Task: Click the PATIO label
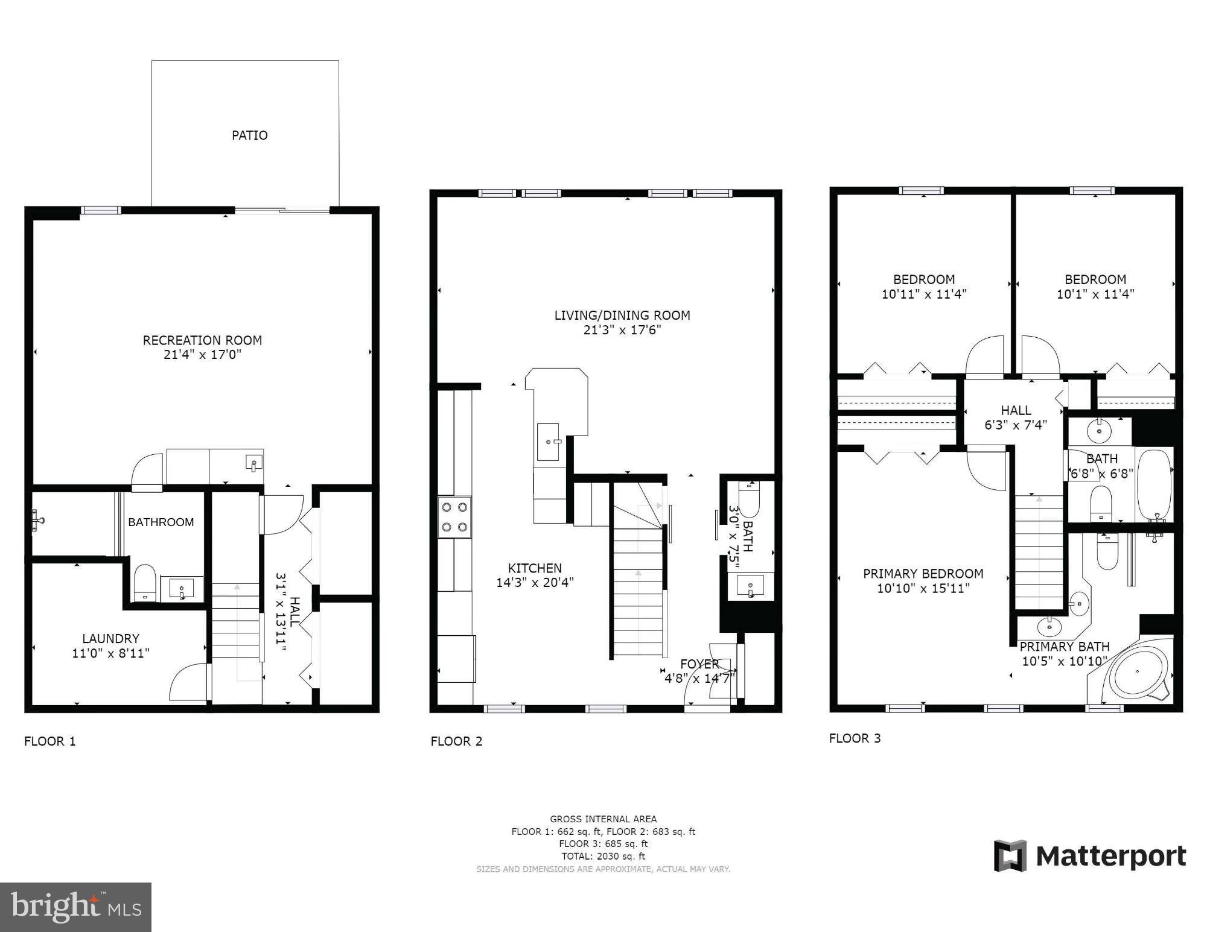click(x=249, y=135)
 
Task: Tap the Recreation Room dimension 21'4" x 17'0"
click(x=202, y=355)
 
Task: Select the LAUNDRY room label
click(x=110, y=638)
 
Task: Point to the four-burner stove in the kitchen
click(x=454, y=517)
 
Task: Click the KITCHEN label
click(x=535, y=568)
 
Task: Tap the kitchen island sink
click(x=548, y=442)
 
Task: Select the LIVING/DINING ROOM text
click(x=622, y=315)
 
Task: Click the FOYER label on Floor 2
click(x=699, y=664)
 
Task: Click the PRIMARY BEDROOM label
click(x=923, y=574)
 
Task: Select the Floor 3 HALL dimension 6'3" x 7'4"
click(x=1016, y=425)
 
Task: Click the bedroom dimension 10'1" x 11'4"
click(x=1095, y=294)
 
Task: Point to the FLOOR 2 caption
click(x=456, y=741)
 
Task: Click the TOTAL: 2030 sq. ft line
click(x=603, y=856)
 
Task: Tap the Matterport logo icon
click(x=1010, y=855)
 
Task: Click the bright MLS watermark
click(x=75, y=907)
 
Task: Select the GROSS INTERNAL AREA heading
click(x=603, y=819)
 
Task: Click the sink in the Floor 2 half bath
click(x=750, y=586)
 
